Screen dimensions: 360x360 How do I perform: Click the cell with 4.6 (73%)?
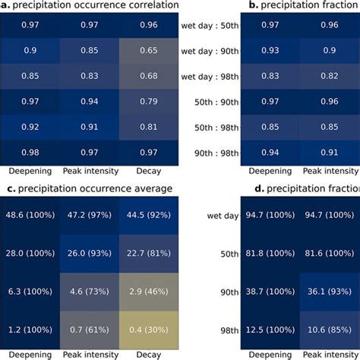pyautogui.click(x=90, y=289)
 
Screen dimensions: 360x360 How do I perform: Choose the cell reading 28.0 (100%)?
pyautogui.click(x=30, y=252)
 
